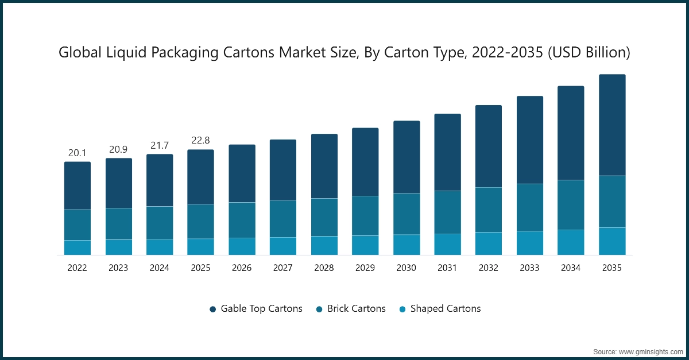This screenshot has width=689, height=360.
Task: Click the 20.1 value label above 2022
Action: [x=77, y=153]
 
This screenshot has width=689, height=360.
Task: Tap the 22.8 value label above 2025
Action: [x=200, y=141]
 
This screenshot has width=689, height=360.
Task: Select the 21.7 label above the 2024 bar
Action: [x=159, y=145]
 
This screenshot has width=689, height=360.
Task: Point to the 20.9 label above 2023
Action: [x=118, y=149]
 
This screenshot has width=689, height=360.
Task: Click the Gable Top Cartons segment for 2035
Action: [x=612, y=125]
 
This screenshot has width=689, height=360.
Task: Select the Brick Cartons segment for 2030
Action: [x=407, y=214]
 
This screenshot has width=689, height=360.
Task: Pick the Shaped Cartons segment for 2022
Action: [x=77, y=247]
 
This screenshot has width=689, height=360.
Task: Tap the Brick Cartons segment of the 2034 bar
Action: [x=571, y=205]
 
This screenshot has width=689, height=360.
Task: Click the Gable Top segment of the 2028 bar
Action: [x=324, y=166]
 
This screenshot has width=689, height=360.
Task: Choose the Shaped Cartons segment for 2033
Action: [x=529, y=243]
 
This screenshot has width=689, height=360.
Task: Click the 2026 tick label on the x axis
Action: [x=242, y=268]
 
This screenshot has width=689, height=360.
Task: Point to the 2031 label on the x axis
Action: [x=447, y=268]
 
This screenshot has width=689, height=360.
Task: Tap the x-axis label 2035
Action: [x=612, y=268]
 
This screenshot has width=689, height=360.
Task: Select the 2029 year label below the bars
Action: [x=365, y=268]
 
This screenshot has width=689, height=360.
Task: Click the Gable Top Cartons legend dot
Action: [x=212, y=309]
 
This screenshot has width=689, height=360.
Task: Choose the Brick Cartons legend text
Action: [x=356, y=308]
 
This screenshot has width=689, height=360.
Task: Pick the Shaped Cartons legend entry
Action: [x=445, y=308]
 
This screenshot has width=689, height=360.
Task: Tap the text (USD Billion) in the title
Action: [x=589, y=53]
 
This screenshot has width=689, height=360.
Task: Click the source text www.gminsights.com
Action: [x=651, y=351]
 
